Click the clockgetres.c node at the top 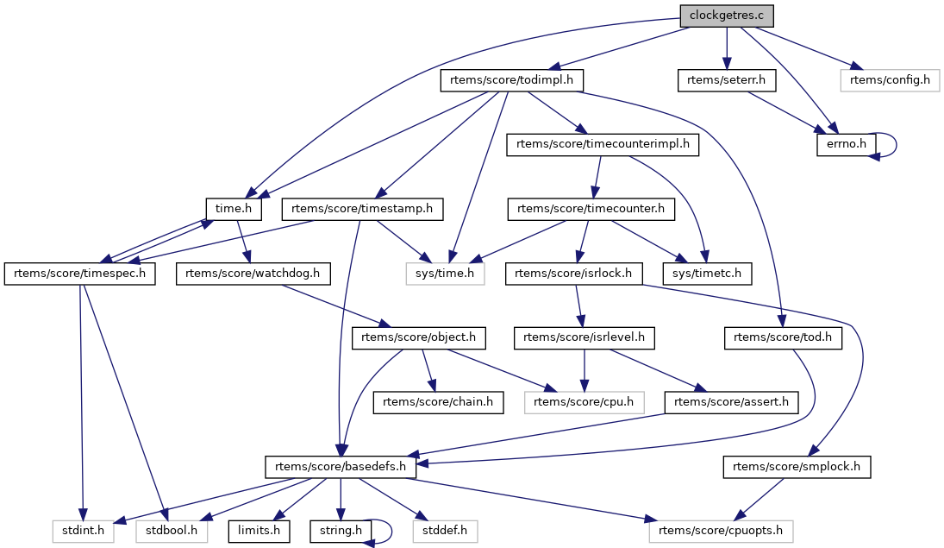(x=727, y=16)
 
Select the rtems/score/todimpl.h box (x=512, y=81)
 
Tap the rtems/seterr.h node (x=726, y=81)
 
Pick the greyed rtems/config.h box (x=890, y=81)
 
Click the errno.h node (x=847, y=145)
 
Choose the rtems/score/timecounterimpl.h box (x=603, y=145)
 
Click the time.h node (x=228, y=209)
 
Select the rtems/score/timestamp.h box (x=362, y=209)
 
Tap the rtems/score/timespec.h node (x=80, y=274)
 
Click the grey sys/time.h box (x=446, y=274)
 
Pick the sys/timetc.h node (x=706, y=274)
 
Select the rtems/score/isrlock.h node (x=573, y=274)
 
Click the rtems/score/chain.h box (x=438, y=402)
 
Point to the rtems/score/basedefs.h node (x=341, y=467)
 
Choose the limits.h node (x=259, y=531)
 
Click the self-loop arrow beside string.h (x=389, y=531)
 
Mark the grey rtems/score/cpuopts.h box (x=721, y=531)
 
